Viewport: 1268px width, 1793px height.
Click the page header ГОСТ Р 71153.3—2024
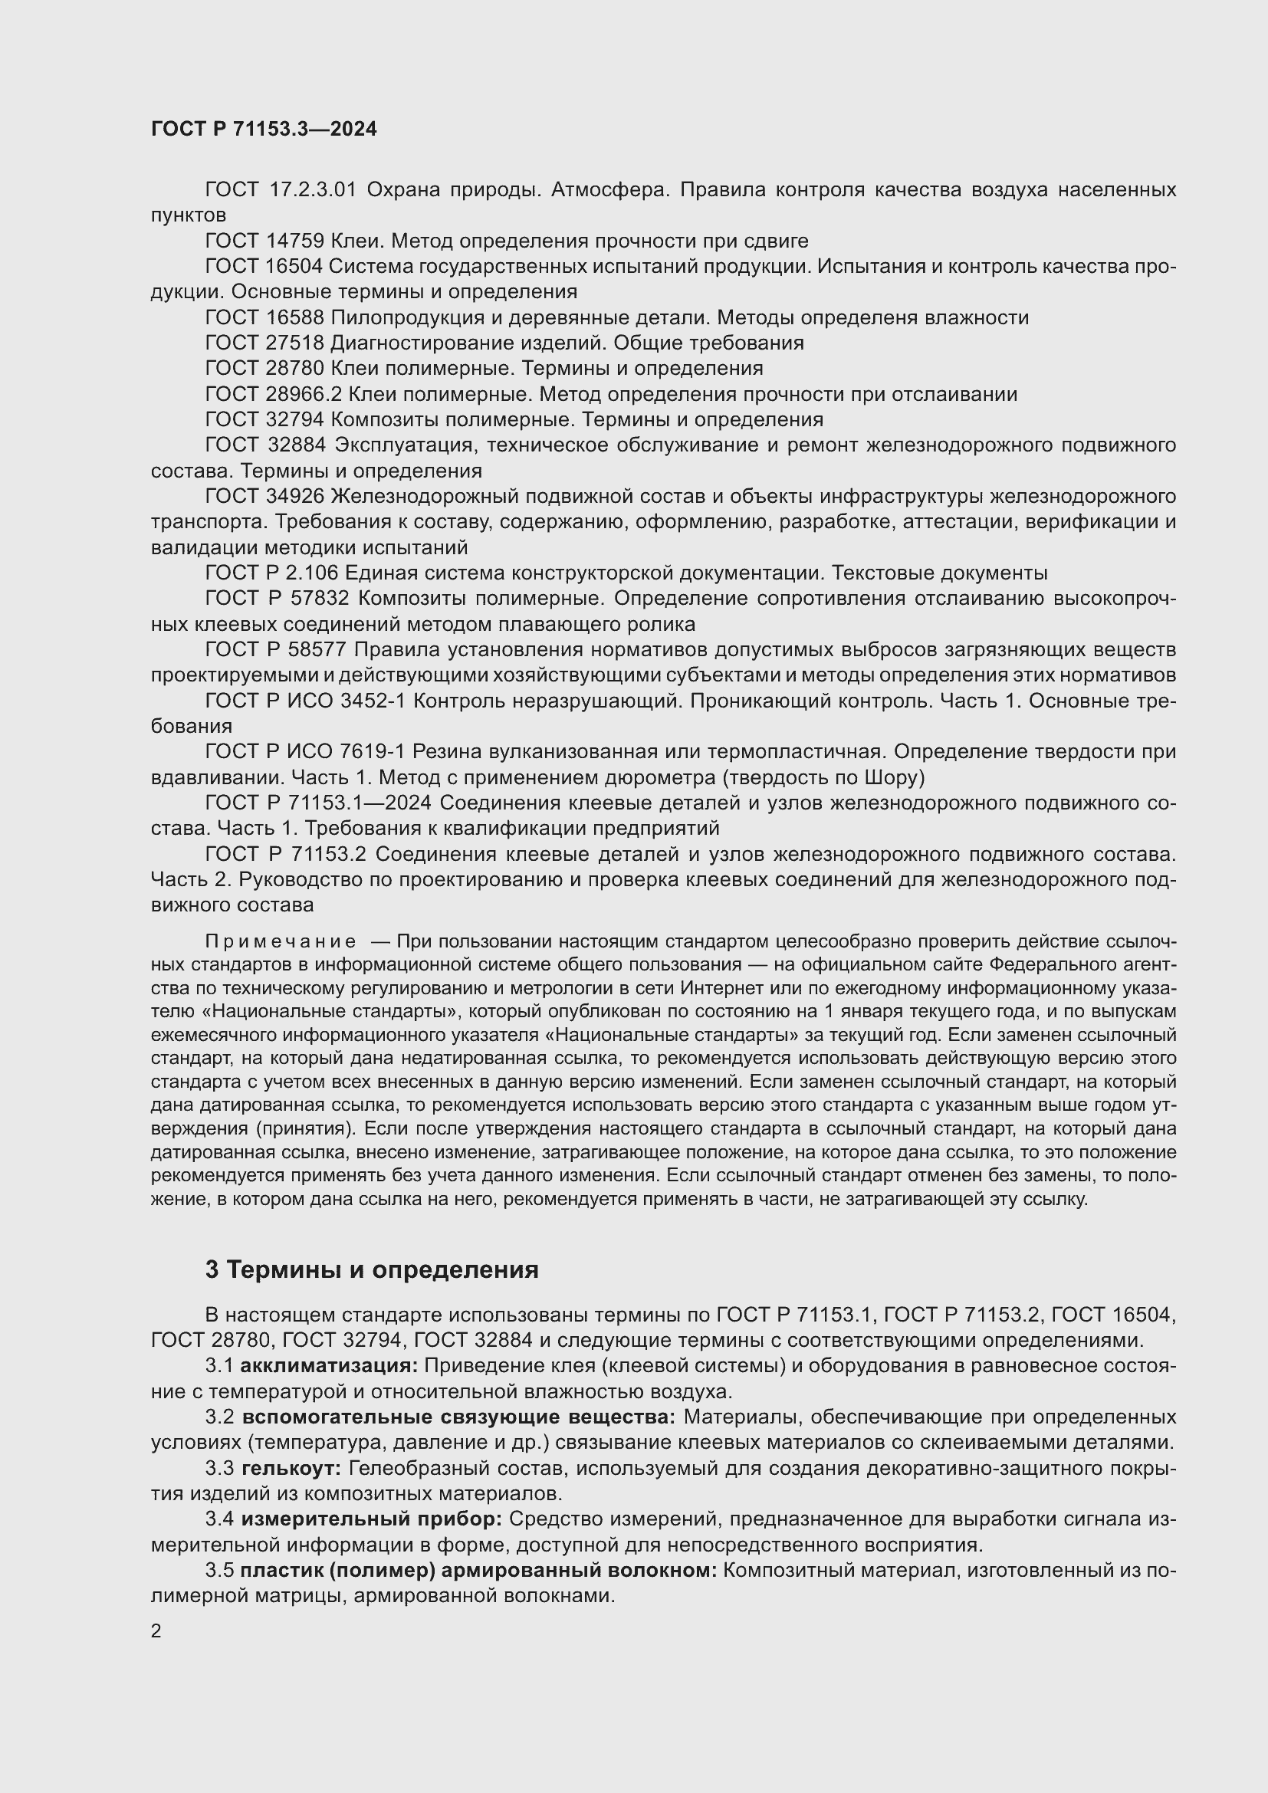[x=263, y=130]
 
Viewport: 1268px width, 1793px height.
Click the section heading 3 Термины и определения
[x=372, y=1269]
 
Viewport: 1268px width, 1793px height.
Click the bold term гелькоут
[x=291, y=1468]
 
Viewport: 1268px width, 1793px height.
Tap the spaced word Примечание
[x=281, y=942]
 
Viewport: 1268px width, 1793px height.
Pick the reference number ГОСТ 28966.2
[x=273, y=393]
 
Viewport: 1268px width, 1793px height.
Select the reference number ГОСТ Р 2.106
[x=271, y=573]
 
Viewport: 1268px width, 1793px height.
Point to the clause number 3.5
[x=219, y=1570]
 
